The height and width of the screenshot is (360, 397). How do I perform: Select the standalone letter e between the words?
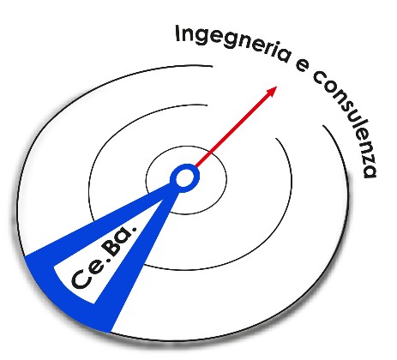tap(302, 67)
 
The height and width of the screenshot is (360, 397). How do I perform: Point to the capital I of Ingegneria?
tap(177, 33)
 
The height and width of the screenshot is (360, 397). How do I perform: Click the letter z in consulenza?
tap(369, 153)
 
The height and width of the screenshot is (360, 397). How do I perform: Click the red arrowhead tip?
tap(277, 87)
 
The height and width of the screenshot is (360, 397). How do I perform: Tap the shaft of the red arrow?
tap(233, 129)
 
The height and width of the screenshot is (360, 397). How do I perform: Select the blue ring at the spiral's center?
tap(184, 165)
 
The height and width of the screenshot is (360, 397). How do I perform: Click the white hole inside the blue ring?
tap(184, 178)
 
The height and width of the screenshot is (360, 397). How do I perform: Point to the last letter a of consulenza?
tap(370, 171)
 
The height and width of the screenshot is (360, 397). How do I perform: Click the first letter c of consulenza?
tap(319, 77)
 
